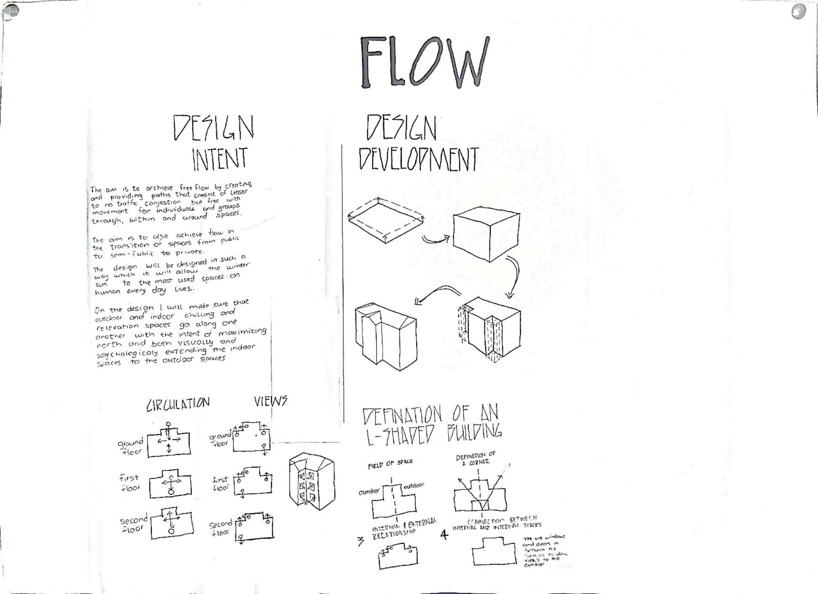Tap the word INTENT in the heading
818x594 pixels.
[220, 159]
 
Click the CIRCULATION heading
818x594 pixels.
[178, 404]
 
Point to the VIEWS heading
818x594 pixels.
[271, 401]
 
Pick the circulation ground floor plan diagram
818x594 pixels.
[169, 442]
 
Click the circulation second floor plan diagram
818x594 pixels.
[171, 523]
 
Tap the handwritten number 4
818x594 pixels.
[444, 535]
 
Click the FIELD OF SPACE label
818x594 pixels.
[390, 463]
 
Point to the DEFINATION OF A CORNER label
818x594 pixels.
[476, 459]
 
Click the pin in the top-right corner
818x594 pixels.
[798, 12]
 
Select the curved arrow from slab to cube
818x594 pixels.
[435, 240]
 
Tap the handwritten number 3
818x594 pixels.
[361, 542]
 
